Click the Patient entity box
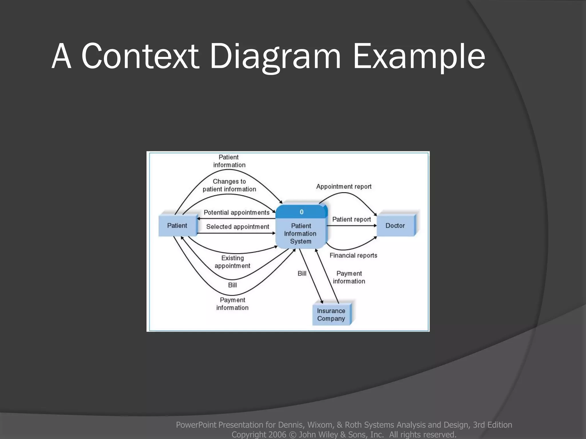click(177, 226)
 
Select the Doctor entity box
click(395, 226)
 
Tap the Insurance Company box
click(331, 315)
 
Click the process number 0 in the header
click(301, 212)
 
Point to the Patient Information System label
click(300, 234)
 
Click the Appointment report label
click(344, 187)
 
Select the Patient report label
click(351, 219)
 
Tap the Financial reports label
click(353, 255)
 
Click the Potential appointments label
click(236, 212)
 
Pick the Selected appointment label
click(237, 227)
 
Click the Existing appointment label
click(232, 262)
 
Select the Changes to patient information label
click(229, 185)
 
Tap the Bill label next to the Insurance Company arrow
click(302, 274)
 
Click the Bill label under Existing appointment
click(232, 285)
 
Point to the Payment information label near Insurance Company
click(349, 277)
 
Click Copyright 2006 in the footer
click(259, 434)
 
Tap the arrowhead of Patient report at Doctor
click(375, 226)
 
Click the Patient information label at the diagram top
click(229, 161)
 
